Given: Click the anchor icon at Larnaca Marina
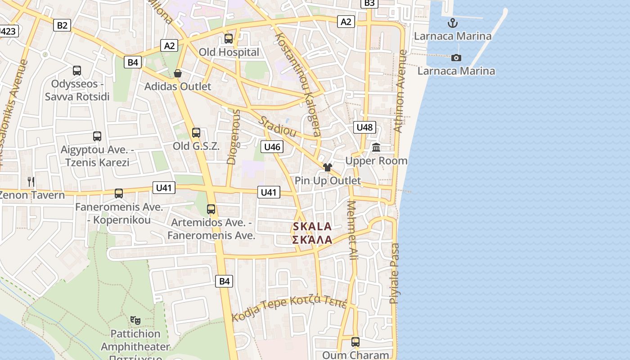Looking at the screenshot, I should pyautogui.click(x=452, y=23).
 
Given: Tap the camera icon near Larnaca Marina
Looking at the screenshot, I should pyautogui.click(x=456, y=58).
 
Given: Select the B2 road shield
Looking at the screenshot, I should pyautogui.click(x=62, y=25).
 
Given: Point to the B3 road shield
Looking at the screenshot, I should pyautogui.click(x=369, y=3).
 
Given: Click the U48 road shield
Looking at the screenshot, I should pyautogui.click(x=364, y=127).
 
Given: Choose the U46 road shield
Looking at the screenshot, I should pyautogui.click(x=272, y=147).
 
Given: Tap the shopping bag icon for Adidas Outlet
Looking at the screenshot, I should pyautogui.click(x=178, y=73).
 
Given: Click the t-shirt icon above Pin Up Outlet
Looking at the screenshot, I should pyautogui.click(x=327, y=167).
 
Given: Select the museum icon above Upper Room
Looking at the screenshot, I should pyautogui.click(x=376, y=147).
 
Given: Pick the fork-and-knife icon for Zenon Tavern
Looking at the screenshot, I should pyautogui.click(x=31, y=181).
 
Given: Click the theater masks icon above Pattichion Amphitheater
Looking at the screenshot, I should pyautogui.click(x=135, y=320).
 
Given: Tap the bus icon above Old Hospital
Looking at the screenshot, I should pyautogui.click(x=229, y=39).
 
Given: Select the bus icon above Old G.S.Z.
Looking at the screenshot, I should pyautogui.click(x=196, y=133).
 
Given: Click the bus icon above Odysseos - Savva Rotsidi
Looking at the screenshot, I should pyautogui.click(x=77, y=71).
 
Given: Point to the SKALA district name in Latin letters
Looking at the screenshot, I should pyautogui.click(x=312, y=226).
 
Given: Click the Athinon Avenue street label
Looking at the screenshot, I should pyautogui.click(x=400, y=91).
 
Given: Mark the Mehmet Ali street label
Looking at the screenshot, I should pyautogui.click(x=352, y=230).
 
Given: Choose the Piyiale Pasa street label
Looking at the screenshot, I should pyautogui.click(x=394, y=273).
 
